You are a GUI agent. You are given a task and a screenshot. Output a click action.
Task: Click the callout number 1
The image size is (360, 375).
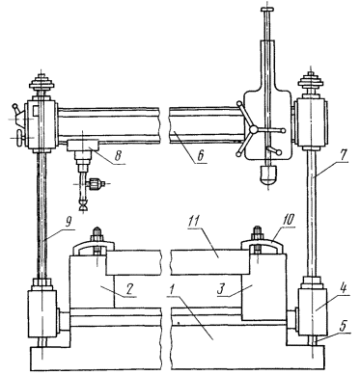pos(172,290)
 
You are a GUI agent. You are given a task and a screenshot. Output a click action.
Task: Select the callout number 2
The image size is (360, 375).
pos(128,289)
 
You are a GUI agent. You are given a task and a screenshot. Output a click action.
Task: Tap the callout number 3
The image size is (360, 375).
pos(220,288)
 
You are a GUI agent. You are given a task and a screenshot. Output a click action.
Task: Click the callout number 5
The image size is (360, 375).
pos(343,326)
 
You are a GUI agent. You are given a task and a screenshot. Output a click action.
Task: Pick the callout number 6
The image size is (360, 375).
pos(200,155)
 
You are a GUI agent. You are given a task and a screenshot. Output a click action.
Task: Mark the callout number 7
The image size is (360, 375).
pos(343,155)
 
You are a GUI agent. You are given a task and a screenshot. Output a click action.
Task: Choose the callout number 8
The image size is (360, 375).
pos(118,155)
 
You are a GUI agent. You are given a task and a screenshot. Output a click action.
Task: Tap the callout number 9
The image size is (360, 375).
pos(69,223)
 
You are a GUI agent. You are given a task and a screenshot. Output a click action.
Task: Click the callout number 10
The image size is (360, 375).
pos(288,220)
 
